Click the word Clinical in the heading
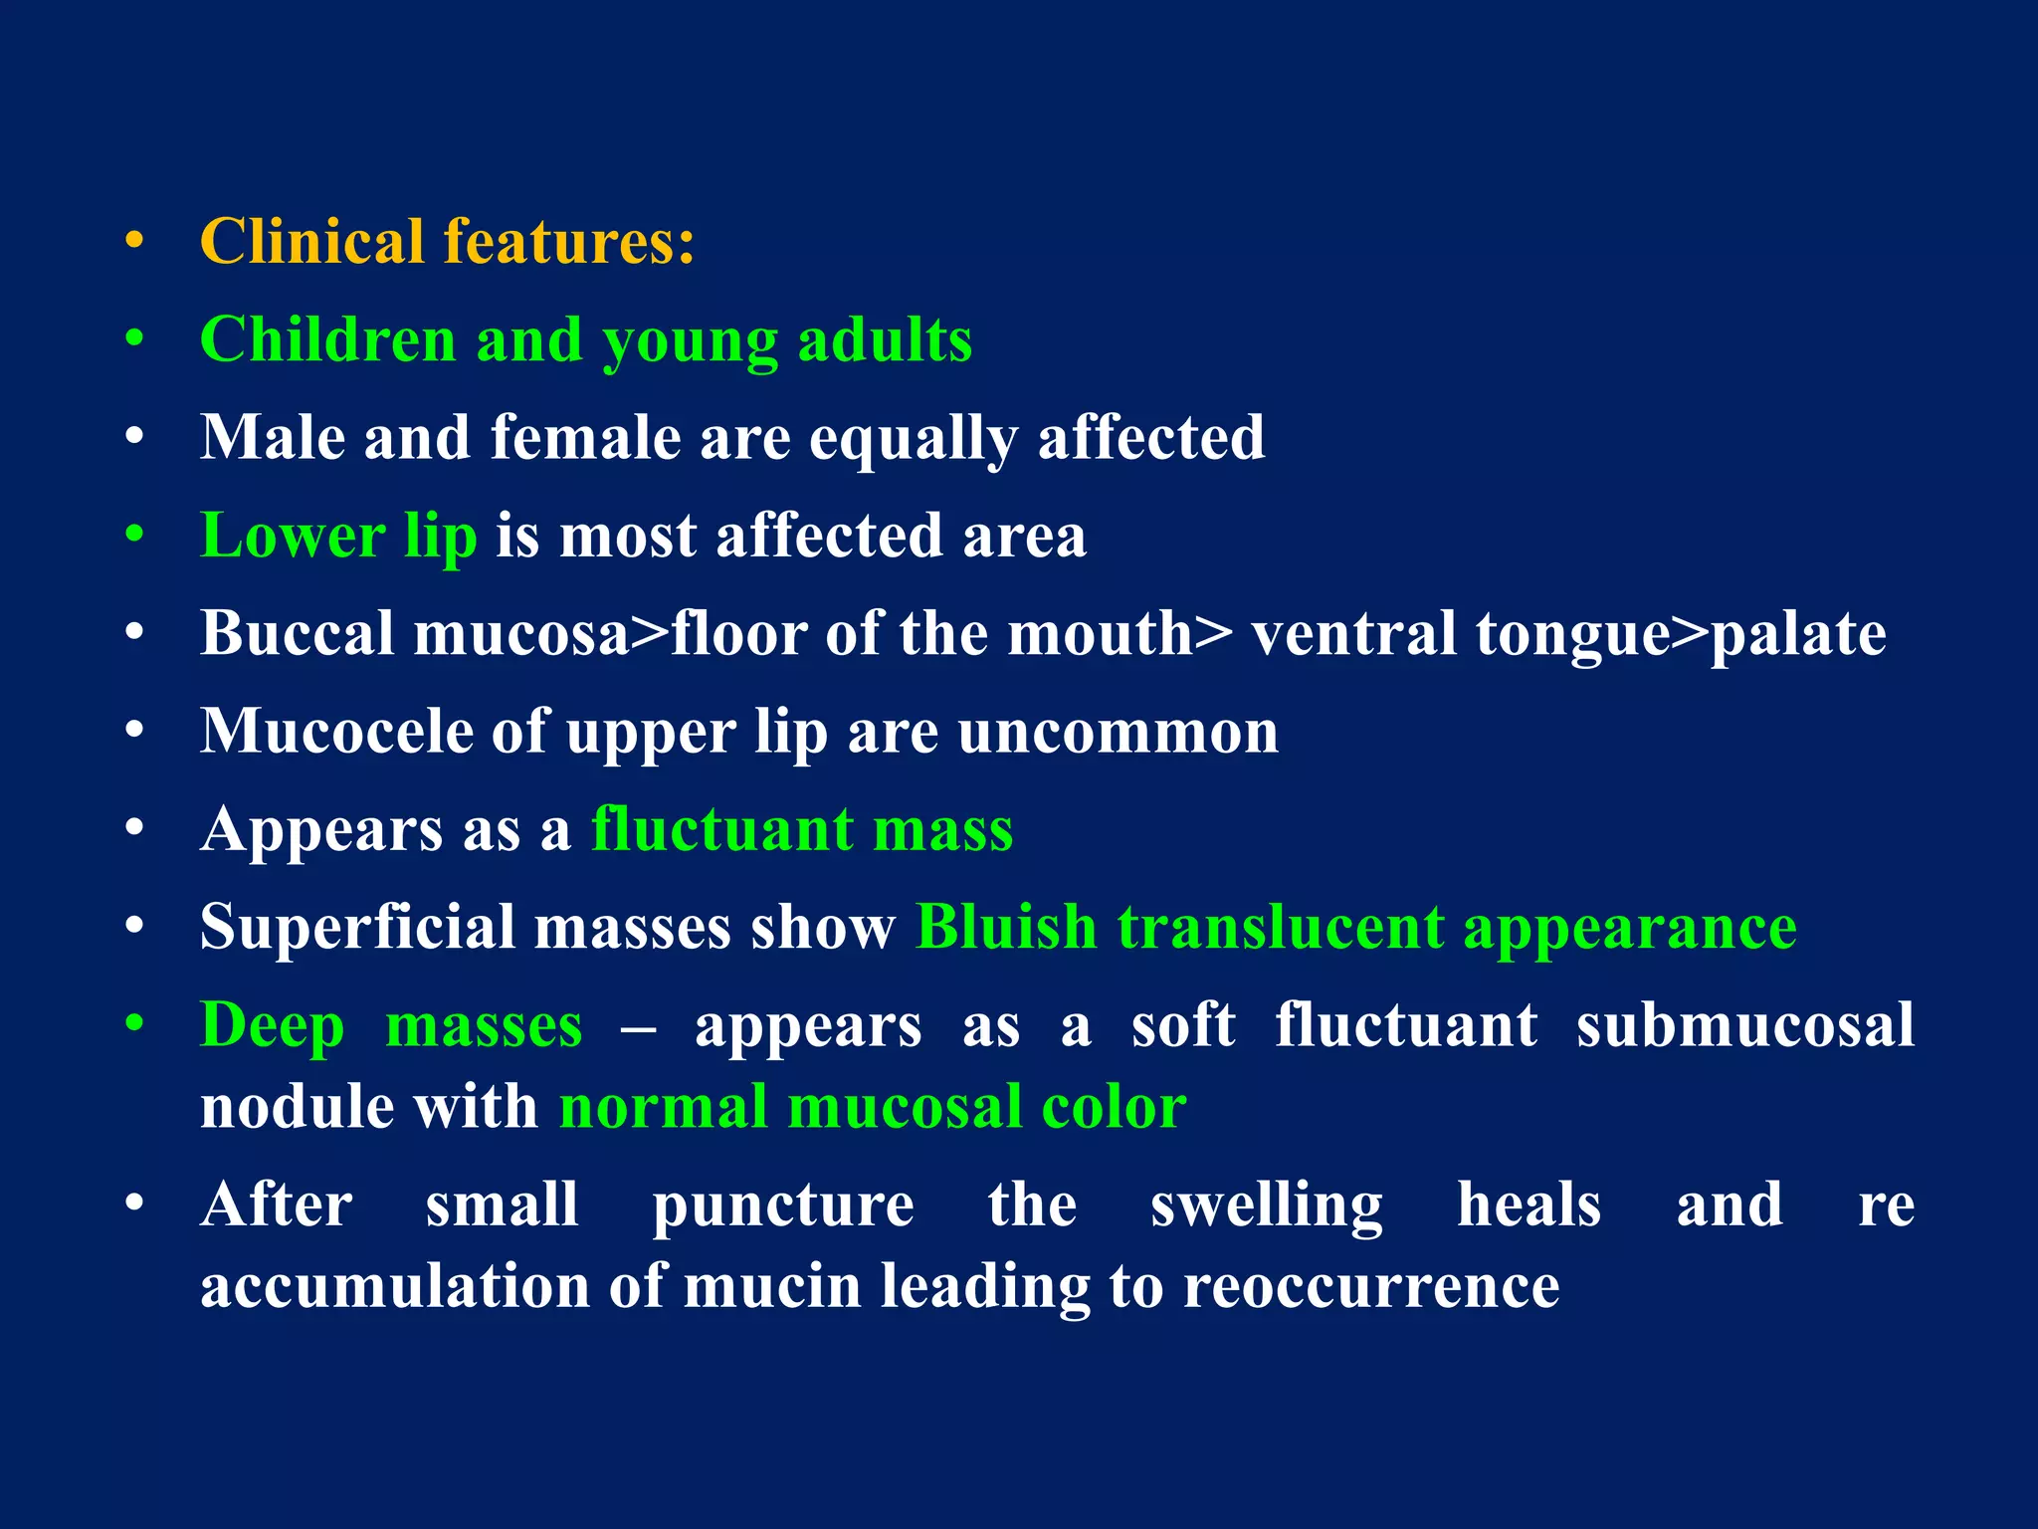pos(312,242)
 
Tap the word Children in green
pos(328,340)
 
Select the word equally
pos(914,439)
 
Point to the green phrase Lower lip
pos(338,537)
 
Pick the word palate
pos(1797,635)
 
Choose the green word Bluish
pos(1006,928)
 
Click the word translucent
pos(1280,928)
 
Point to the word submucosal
pos(1745,1025)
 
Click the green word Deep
pos(273,1025)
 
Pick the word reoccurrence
pos(1371,1286)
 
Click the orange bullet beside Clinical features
pos(134,241)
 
